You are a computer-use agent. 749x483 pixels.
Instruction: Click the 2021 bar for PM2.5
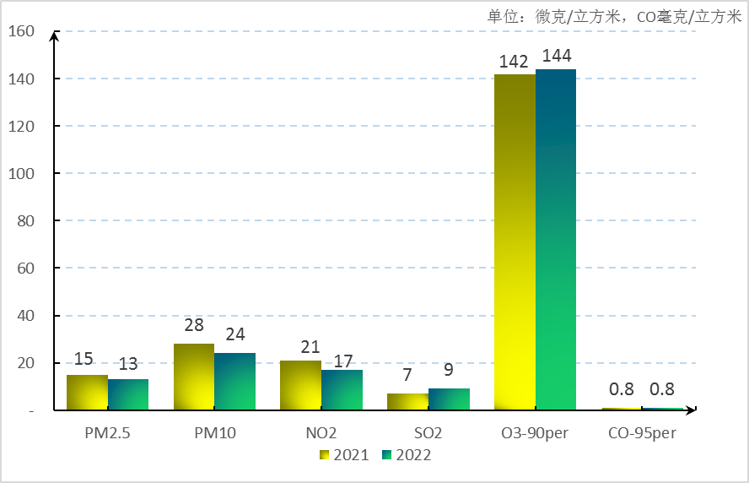87,393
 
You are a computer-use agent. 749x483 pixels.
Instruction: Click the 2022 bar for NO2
342,390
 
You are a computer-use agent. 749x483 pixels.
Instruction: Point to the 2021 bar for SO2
408,402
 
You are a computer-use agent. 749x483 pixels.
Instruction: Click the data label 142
514,62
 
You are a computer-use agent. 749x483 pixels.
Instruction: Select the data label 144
557,56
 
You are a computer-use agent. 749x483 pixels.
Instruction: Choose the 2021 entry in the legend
344,455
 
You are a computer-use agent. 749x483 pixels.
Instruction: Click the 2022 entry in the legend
406,455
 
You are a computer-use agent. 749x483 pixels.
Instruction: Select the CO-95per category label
641,434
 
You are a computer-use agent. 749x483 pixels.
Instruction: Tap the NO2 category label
321,434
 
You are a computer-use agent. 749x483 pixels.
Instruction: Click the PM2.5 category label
107,434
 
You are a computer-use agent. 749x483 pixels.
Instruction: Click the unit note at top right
614,16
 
